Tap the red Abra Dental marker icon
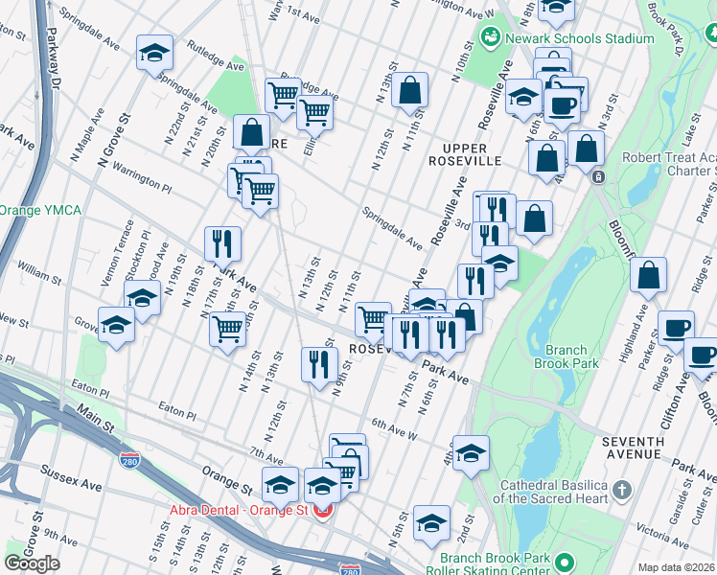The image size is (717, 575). click(x=324, y=511)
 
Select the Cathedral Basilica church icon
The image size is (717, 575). click(x=622, y=491)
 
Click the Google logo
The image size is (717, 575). click(x=32, y=563)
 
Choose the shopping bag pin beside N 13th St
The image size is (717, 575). click(x=409, y=92)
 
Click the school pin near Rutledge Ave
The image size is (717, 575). click(x=153, y=53)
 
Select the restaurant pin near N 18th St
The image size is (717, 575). click(x=222, y=245)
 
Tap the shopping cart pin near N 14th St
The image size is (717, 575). click(x=227, y=330)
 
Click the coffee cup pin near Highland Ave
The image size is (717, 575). click(x=675, y=327)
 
